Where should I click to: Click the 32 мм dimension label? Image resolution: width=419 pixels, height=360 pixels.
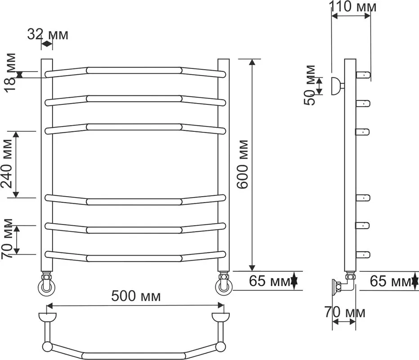48,35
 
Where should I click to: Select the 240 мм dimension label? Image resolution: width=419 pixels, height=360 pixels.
7,164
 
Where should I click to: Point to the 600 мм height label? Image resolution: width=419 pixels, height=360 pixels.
243,164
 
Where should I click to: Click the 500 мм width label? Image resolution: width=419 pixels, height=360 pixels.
136,297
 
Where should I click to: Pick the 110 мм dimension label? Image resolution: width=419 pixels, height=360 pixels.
352,7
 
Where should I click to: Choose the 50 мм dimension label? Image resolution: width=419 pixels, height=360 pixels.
310,85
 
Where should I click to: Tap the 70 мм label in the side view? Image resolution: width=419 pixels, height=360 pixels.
345,312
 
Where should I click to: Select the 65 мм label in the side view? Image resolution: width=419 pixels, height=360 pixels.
390,281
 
